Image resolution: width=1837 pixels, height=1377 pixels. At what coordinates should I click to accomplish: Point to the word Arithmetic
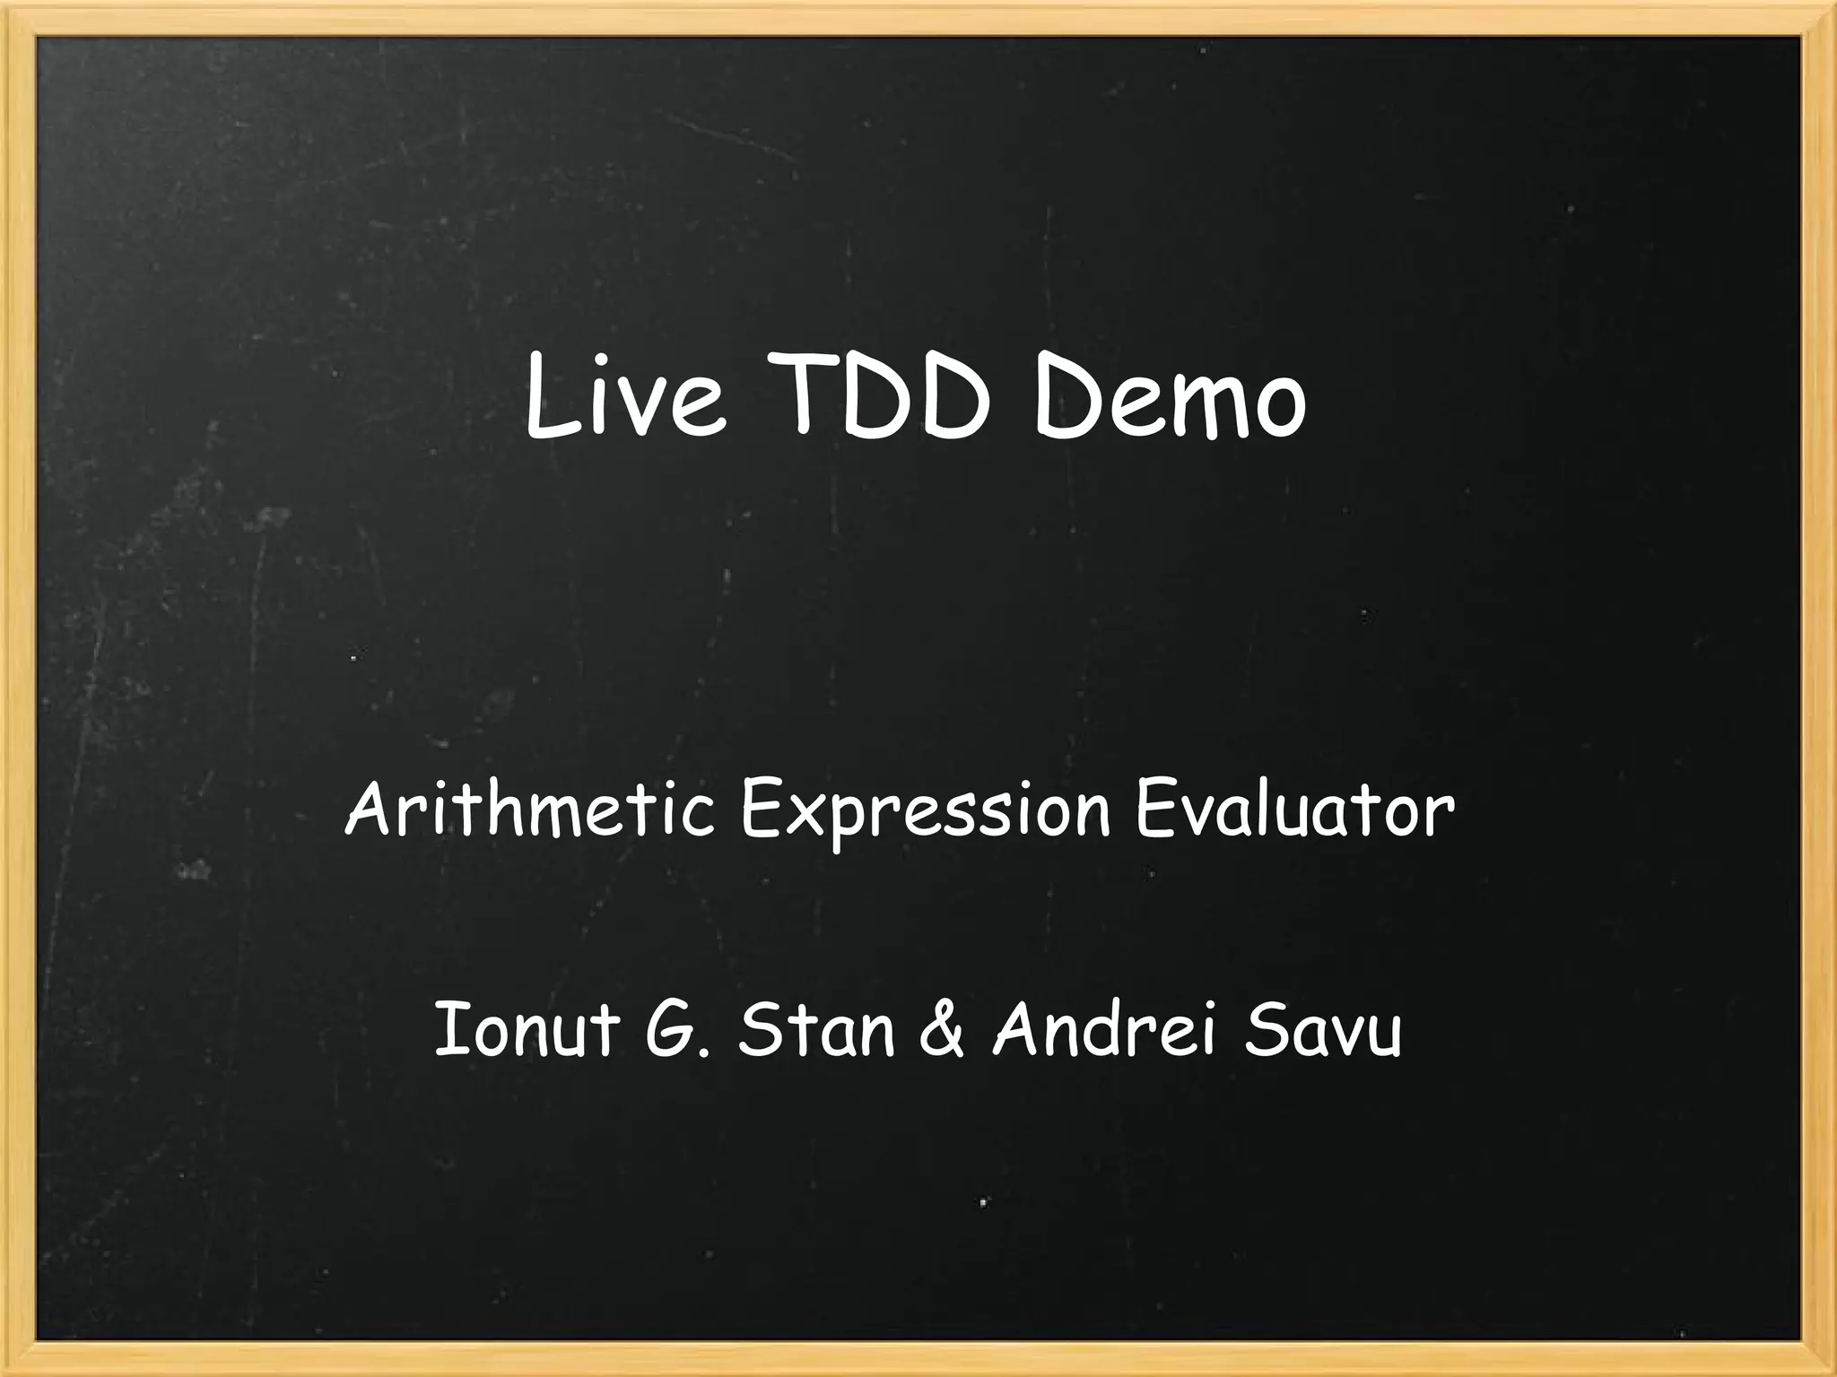tap(529, 810)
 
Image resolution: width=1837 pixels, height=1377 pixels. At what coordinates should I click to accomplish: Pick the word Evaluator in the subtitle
tap(1294, 810)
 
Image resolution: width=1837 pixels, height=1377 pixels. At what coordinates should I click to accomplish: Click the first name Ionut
tap(527, 1030)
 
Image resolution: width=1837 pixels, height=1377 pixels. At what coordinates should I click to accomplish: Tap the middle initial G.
tap(675, 1030)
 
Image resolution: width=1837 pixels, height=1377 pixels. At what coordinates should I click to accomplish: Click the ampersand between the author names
tap(941, 1030)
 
